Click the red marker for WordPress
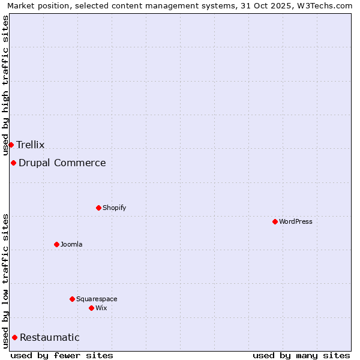click(x=275, y=221)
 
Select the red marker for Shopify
click(x=98, y=208)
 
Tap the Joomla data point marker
click(x=56, y=244)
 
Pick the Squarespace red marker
click(x=72, y=299)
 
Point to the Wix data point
click(x=91, y=308)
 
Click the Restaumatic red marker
click(x=14, y=337)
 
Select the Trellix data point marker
click(x=11, y=145)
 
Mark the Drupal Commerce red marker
click(x=13, y=163)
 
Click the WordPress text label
click(x=296, y=221)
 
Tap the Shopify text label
click(x=114, y=208)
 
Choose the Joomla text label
click(x=71, y=244)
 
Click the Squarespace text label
click(x=97, y=299)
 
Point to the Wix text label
click(x=101, y=308)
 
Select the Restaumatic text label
click(x=49, y=337)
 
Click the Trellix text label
click(x=30, y=145)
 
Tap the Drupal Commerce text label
click(x=62, y=163)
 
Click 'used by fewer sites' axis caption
click(x=62, y=355)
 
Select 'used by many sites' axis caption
click(x=301, y=355)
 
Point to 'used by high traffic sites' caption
click(x=5, y=85)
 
